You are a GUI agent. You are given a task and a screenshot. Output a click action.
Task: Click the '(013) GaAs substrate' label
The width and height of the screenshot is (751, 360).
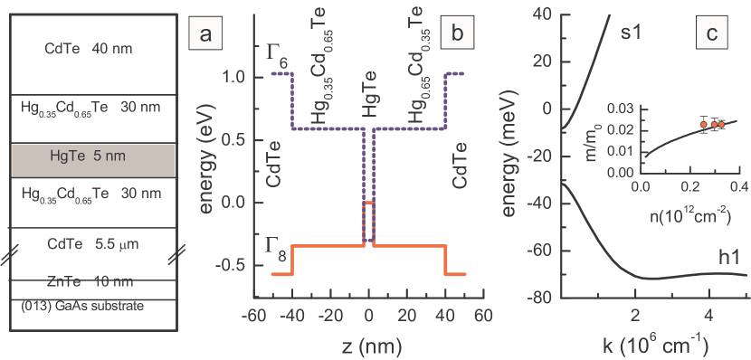click(x=81, y=307)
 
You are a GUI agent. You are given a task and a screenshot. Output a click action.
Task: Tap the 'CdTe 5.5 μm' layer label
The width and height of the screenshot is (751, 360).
click(x=82, y=242)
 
